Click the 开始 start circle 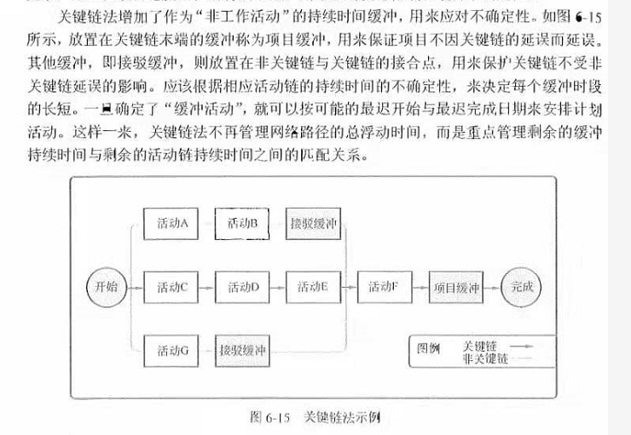coord(107,287)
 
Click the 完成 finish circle coord(521,287)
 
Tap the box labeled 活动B coord(243,224)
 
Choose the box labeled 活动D coord(243,287)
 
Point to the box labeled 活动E coord(313,287)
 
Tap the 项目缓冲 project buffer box coord(456,287)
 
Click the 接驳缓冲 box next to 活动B coord(313,224)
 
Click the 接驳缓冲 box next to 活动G coord(243,350)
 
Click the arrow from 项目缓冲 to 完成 coord(492,287)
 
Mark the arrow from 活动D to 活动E coord(278,287)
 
